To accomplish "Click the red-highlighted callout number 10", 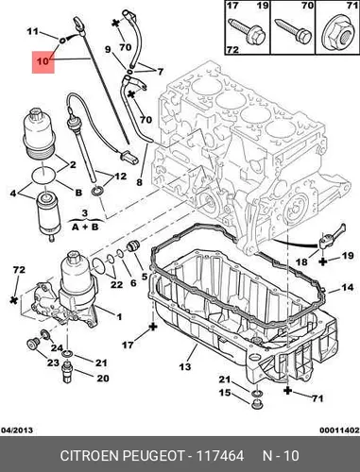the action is (43, 61).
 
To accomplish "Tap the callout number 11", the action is (32, 31).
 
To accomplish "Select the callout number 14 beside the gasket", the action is (348, 287).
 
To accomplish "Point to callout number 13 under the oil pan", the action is (185, 366).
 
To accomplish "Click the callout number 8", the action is (140, 182).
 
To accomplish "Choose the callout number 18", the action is (301, 261).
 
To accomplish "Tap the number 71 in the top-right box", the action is (351, 6).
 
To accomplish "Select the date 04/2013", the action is (17, 430).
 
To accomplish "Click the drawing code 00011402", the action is (339, 430).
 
